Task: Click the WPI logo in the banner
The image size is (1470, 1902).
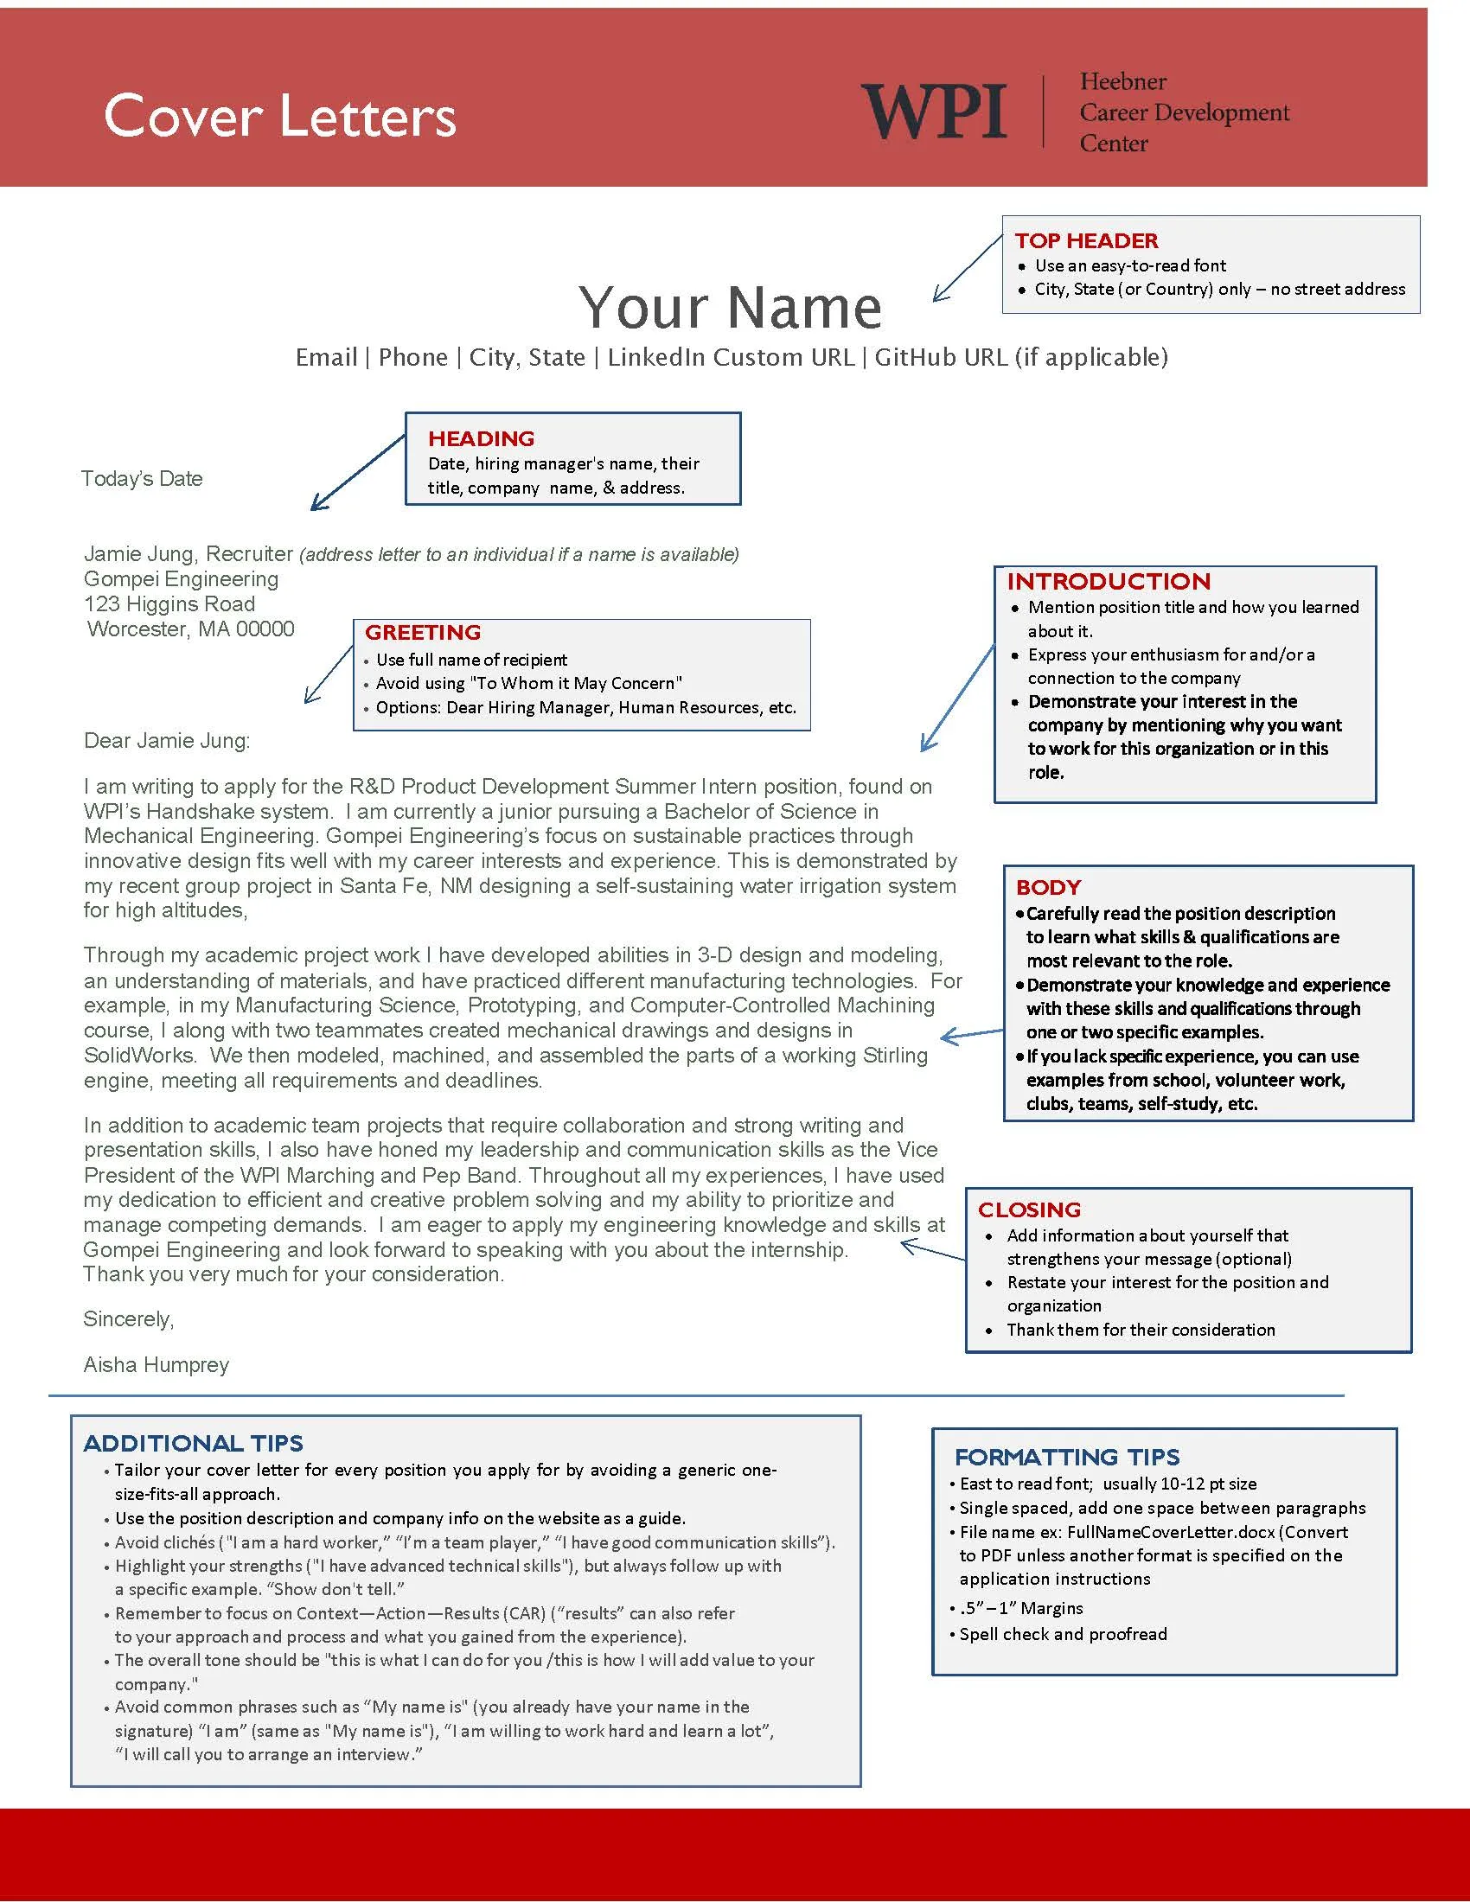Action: click(934, 112)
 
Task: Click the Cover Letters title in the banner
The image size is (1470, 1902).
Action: click(279, 116)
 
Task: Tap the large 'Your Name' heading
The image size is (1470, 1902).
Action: click(730, 308)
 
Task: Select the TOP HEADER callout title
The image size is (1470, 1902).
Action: click(1086, 240)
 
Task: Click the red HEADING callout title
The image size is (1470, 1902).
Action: click(481, 438)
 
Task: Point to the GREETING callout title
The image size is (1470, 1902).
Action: click(422, 632)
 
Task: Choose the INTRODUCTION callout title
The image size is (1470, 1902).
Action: click(1108, 581)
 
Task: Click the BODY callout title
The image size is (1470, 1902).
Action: click(1048, 886)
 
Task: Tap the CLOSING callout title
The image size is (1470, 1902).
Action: click(1028, 1209)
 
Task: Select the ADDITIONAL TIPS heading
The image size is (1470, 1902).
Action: click(193, 1443)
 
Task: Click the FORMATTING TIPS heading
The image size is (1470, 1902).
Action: click(1067, 1457)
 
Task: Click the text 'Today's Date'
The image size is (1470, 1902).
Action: click(142, 478)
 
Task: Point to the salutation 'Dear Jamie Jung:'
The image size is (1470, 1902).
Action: click(166, 741)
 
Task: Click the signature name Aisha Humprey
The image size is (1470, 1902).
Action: click(156, 1364)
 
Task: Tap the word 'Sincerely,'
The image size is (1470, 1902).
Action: click(128, 1318)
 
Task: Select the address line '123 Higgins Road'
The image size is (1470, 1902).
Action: click(169, 604)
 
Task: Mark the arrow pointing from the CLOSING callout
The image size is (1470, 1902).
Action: click(932, 1252)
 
